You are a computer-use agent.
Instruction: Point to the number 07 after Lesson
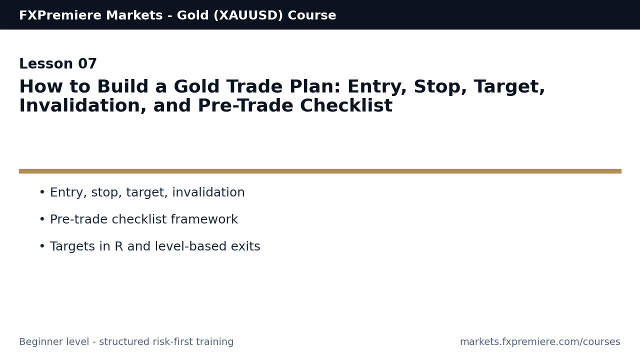click(87, 64)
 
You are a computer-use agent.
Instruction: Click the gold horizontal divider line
click(320, 171)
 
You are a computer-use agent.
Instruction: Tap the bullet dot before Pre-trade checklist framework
click(42, 220)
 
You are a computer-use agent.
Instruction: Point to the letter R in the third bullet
click(118, 247)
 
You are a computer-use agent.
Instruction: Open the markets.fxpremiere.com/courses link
click(540, 342)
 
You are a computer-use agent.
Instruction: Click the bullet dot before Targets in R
click(42, 247)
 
